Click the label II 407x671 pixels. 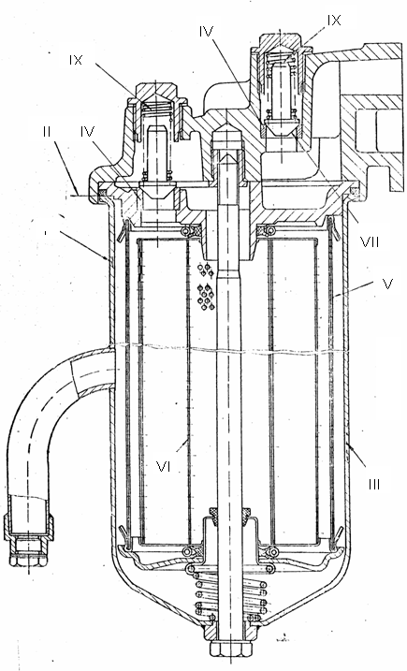point(47,131)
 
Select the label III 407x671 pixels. point(374,485)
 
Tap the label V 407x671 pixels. point(387,284)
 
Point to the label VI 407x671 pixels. point(164,467)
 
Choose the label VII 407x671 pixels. point(371,242)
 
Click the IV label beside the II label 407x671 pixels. point(87,131)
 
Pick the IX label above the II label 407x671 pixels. point(76,60)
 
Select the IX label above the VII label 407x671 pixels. point(334,20)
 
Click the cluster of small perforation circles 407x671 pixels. point(206,285)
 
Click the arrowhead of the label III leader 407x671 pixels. point(349,446)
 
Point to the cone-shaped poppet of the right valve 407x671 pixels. point(280,128)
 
